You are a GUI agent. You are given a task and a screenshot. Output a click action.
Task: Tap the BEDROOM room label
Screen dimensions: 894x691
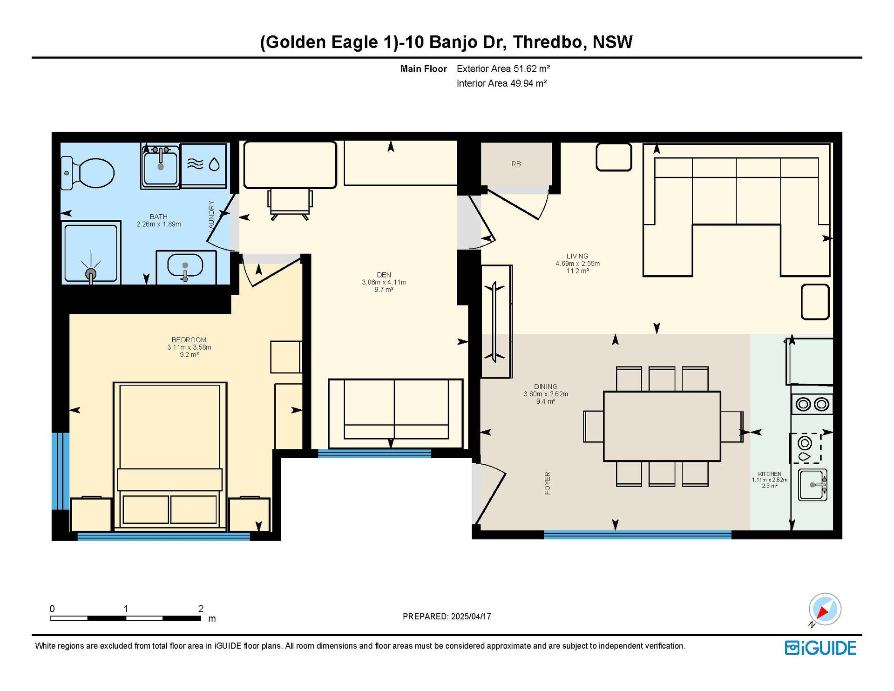pyautogui.click(x=189, y=340)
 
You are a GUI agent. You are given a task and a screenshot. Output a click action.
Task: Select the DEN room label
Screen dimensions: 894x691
pyautogui.click(x=384, y=275)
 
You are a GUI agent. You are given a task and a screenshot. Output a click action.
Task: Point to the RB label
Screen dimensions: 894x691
pyautogui.click(x=516, y=164)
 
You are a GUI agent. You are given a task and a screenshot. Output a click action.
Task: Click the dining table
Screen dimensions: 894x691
pyautogui.click(x=662, y=426)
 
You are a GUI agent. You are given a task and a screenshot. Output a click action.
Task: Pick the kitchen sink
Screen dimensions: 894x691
pyautogui.click(x=813, y=485)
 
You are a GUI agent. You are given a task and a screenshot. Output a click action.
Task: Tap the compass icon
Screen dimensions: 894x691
pyautogui.click(x=825, y=609)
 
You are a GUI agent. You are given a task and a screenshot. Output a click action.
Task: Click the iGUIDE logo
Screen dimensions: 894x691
pyautogui.click(x=820, y=648)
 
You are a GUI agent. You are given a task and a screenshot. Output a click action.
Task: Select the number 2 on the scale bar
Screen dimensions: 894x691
pyautogui.click(x=201, y=609)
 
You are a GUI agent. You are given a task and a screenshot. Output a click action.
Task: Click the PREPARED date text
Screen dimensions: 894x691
pyautogui.click(x=447, y=616)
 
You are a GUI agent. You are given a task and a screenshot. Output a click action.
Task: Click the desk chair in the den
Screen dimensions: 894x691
pyautogui.click(x=290, y=203)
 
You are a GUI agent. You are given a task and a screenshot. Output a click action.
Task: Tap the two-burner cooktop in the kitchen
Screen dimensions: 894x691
pyautogui.click(x=812, y=404)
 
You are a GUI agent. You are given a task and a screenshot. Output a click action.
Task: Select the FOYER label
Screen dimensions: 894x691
pyautogui.click(x=548, y=483)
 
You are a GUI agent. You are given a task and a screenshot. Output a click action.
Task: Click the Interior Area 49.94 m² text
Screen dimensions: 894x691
pyautogui.click(x=501, y=83)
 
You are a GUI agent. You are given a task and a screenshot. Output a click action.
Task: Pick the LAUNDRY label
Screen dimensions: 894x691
pyautogui.click(x=211, y=215)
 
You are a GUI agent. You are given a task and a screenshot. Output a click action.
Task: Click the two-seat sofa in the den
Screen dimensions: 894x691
pyautogui.click(x=396, y=413)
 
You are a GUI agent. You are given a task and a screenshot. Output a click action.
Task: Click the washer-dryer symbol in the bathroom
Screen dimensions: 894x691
pyautogui.click(x=203, y=165)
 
